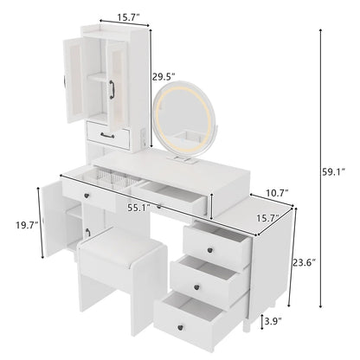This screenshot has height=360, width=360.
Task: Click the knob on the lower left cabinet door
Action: pyautogui.click(x=87, y=229)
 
